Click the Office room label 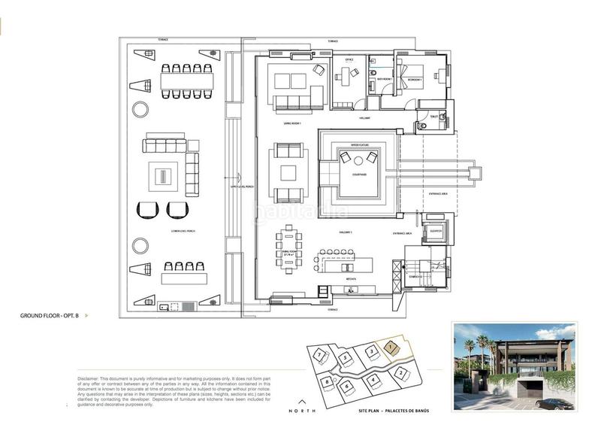pos(349,59)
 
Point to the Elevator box pos(433,231)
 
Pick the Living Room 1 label pos(292,122)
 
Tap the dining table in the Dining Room pos(289,252)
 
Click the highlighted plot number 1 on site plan pos(391,347)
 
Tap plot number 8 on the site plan pos(328,382)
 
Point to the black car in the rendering pos(555,404)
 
